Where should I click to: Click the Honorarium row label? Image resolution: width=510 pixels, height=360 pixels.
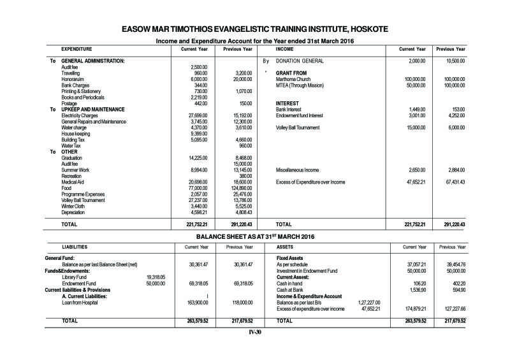pos(73,79)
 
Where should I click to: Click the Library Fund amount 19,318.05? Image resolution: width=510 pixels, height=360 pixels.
pos(156,277)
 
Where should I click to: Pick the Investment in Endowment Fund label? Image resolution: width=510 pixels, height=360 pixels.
pos(306,271)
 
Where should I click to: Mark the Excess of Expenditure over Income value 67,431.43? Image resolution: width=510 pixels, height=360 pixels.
pos(451,182)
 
